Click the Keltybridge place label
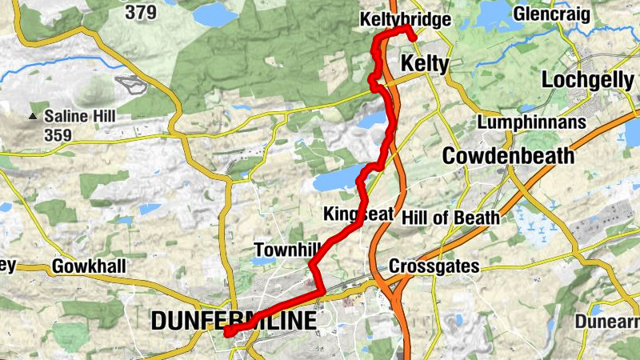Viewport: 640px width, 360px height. pyautogui.click(x=406, y=18)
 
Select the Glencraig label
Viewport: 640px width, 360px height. pyautogui.click(x=551, y=14)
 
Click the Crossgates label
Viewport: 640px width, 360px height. pyautogui.click(x=434, y=266)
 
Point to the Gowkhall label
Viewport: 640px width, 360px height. pyautogui.click(x=89, y=266)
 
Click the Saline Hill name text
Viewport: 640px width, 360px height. pyautogui.click(x=80, y=117)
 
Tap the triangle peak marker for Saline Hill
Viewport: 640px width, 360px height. pyautogui.click(x=33, y=117)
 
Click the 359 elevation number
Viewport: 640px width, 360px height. pyautogui.click(x=58, y=135)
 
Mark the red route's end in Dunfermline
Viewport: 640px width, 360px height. pyautogui.click(x=227, y=332)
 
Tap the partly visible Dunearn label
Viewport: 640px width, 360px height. pyautogui.click(x=607, y=322)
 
